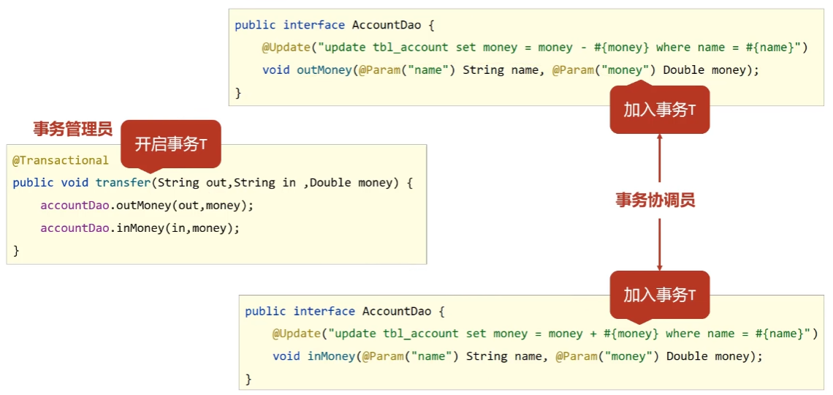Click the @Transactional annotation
click(x=60, y=160)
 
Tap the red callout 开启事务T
click(x=171, y=144)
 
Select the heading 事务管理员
click(x=72, y=129)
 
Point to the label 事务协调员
click(x=655, y=200)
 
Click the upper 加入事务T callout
click(x=659, y=110)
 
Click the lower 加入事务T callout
click(x=659, y=296)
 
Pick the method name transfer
click(x=123, y=183)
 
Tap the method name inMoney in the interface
click(x=332, y=356)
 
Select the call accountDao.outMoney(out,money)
click(x=147, y=206)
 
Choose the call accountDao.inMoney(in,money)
click(x=140, y=228)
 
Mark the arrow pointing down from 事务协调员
click(x=659, y=244)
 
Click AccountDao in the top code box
click(x=386, y=25)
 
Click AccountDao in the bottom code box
click(x=396, y=311)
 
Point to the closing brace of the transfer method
click(x=16, y=251)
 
